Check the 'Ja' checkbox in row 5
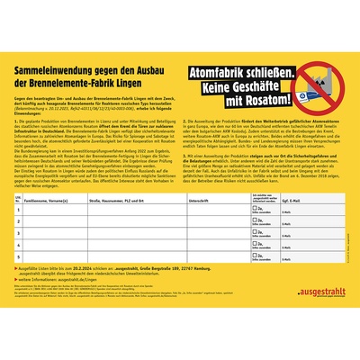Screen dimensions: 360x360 [256, 256]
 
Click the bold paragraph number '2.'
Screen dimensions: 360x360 [184, 120]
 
